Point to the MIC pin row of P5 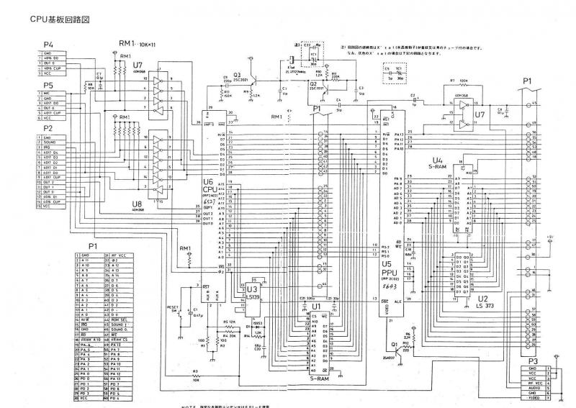[x=50, y=93]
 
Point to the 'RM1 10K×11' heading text [x=140, y=44]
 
